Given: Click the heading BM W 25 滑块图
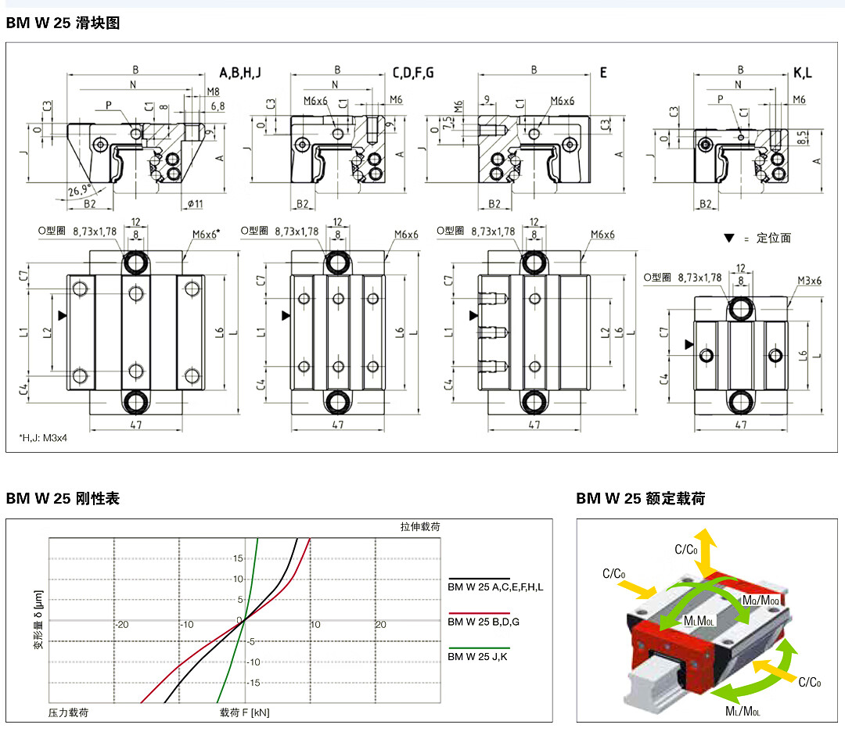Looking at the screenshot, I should coord(63,23).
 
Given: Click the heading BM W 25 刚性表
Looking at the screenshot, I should coord(63,498).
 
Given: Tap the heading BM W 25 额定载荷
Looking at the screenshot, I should coord(641,498).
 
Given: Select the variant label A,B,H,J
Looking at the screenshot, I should coord(240,73).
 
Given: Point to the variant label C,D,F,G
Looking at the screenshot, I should coord(413,73).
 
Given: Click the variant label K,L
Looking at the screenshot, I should coord(803,73).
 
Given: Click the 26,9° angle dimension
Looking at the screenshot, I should coord(79,190).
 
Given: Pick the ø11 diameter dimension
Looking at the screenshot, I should coord(195,204).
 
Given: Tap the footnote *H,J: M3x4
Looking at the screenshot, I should coord(43,439).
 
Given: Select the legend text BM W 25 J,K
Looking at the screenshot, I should coord(477,656).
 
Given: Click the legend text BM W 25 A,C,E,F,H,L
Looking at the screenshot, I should coord(494,587).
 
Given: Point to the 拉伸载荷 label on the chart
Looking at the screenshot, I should coord(420,527).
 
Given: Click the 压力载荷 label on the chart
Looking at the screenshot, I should coord(68,712).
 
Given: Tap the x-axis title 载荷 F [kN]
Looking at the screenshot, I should coord(244,712).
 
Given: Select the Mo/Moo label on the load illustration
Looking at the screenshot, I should coord(759,598).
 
